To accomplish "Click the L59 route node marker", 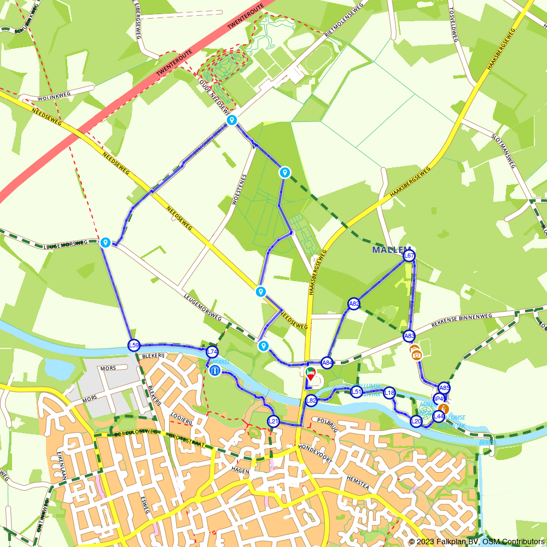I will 133,345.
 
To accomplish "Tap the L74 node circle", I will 212,352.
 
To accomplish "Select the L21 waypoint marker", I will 273,421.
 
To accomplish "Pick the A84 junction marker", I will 327,362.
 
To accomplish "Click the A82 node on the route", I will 354,304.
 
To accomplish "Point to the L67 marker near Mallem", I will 409,255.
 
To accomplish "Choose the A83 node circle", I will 409,336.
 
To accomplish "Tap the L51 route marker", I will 357,392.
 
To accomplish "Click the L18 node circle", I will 389,392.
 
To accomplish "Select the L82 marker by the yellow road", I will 311,400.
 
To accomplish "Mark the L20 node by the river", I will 416,421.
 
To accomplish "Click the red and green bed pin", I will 311,374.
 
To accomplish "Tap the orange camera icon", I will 417,355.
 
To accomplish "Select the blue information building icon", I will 214,371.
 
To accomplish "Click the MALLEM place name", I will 392,249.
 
